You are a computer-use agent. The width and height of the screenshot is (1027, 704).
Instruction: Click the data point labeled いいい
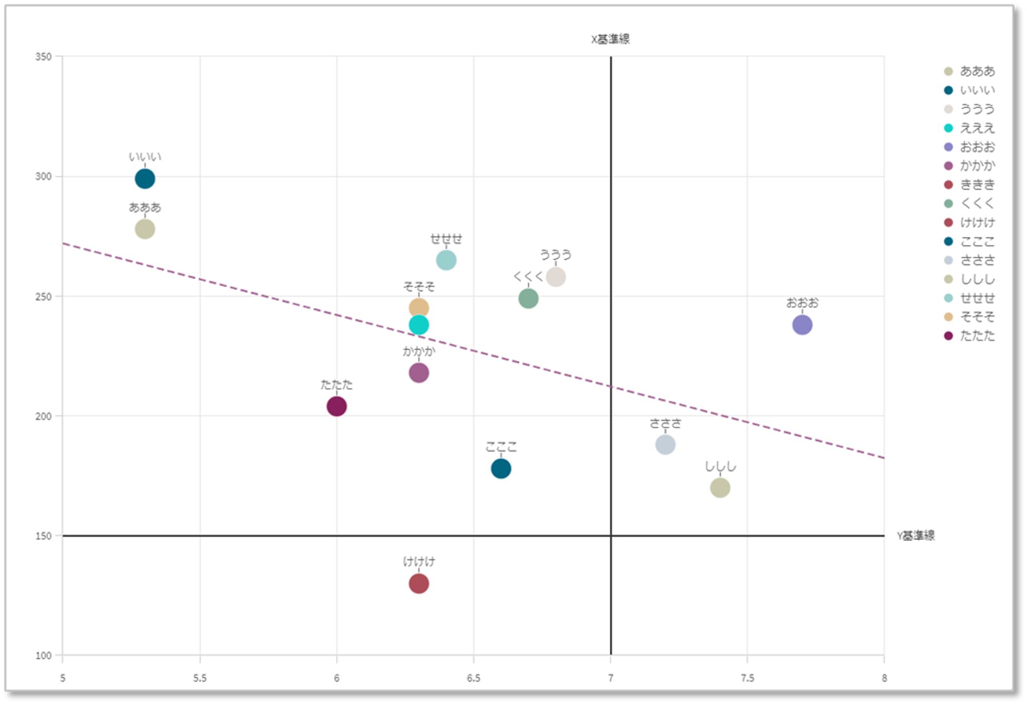(145, 179)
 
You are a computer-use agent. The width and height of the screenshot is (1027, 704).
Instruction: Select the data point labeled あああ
(145, 229)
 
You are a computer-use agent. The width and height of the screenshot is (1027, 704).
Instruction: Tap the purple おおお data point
(802, 325)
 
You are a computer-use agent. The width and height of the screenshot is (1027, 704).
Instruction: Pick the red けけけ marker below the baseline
(419, 583)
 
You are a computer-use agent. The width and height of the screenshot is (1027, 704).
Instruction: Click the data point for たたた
(336, 406)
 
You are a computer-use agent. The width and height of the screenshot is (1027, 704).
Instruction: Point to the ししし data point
(720, 487)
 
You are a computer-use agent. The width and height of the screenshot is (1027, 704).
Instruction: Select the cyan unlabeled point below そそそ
(419, 325)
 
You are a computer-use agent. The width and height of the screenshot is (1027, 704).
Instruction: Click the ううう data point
(556, 277)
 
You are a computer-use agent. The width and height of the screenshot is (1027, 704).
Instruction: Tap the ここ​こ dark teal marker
(501, 468)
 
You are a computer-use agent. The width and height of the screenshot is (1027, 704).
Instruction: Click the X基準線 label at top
(610, 39)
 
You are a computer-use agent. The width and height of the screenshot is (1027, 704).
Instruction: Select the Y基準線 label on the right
(916, 536)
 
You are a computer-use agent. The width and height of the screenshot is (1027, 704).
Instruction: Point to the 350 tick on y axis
(44, 56)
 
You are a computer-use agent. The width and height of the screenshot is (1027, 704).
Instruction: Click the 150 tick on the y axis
(44, 536)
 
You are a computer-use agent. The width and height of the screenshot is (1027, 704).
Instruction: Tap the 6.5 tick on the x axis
(473, 678)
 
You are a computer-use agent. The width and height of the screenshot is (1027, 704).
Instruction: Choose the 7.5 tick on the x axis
(747, 678)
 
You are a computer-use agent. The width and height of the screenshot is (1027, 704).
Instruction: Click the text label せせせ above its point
(446, 239)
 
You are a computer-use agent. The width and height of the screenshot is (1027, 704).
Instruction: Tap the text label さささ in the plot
(665, 424)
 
